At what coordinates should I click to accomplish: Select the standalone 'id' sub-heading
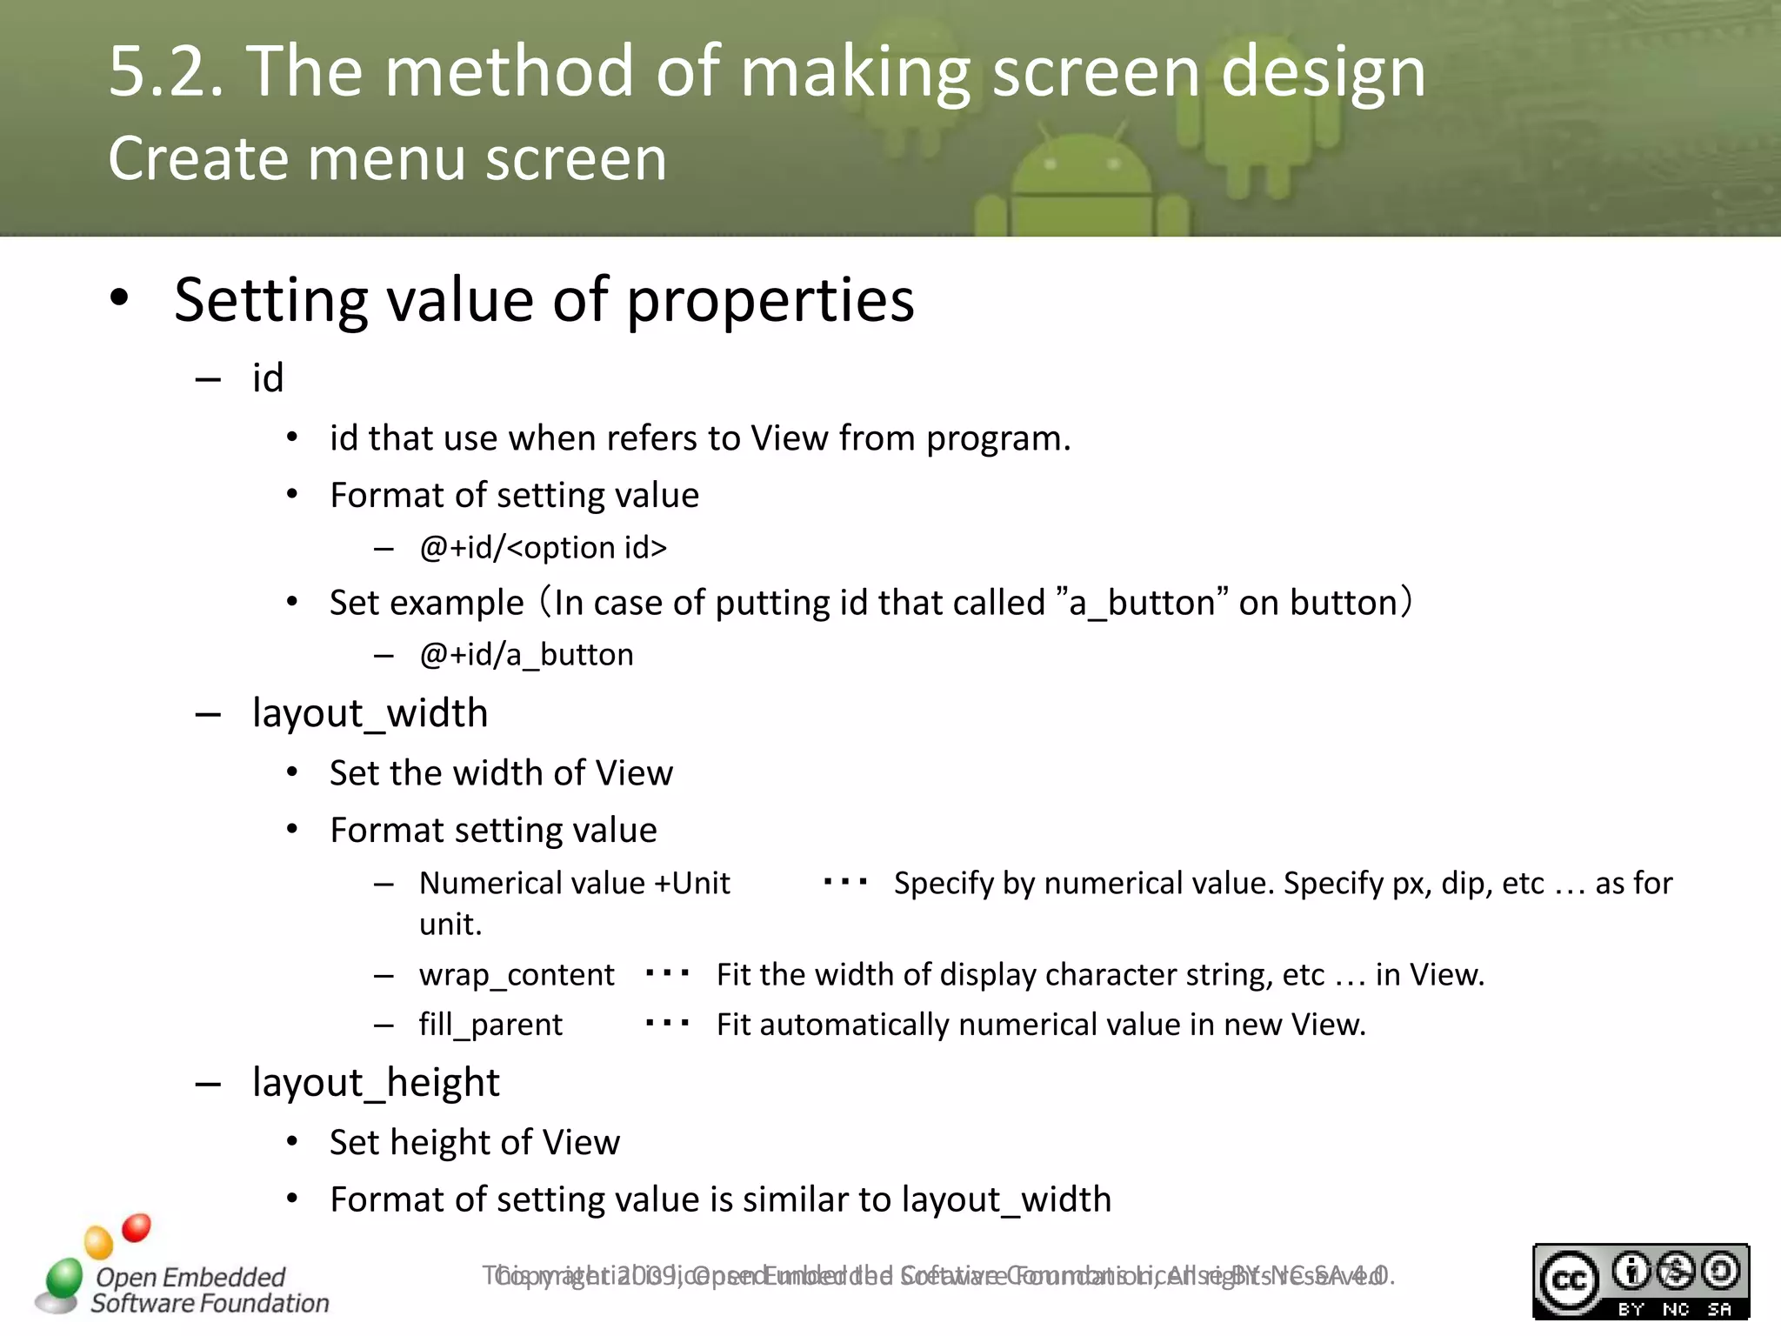268,378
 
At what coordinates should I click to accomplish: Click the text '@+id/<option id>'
543,548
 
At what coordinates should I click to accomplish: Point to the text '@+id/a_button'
526,655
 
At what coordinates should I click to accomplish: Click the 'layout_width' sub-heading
370,713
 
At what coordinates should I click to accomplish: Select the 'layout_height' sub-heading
376,1083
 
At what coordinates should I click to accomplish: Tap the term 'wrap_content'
517,975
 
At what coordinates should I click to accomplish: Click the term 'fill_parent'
490,1025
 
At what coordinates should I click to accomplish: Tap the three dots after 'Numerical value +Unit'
845,882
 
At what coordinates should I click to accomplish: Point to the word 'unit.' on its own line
450,924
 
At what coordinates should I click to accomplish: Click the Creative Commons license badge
1640,1280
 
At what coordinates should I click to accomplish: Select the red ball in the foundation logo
136,1227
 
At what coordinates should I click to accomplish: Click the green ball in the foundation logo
63,1277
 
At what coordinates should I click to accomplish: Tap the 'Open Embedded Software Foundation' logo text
209,1290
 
